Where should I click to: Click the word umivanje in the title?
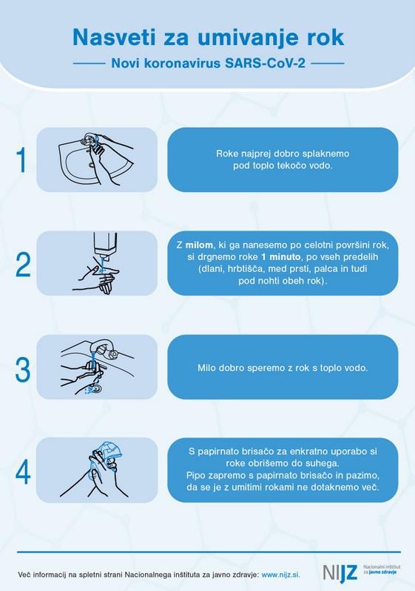point(237,38)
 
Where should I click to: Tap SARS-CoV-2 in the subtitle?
point(266,63)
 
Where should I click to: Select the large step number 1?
point(22,160)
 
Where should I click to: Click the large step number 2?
point(23,264)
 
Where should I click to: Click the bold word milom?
point(199,245)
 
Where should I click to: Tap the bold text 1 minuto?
point(280,257)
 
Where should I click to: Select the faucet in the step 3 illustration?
point(105,348)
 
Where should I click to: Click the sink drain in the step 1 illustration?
point(92,165)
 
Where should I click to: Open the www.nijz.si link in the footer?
point(280,575)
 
